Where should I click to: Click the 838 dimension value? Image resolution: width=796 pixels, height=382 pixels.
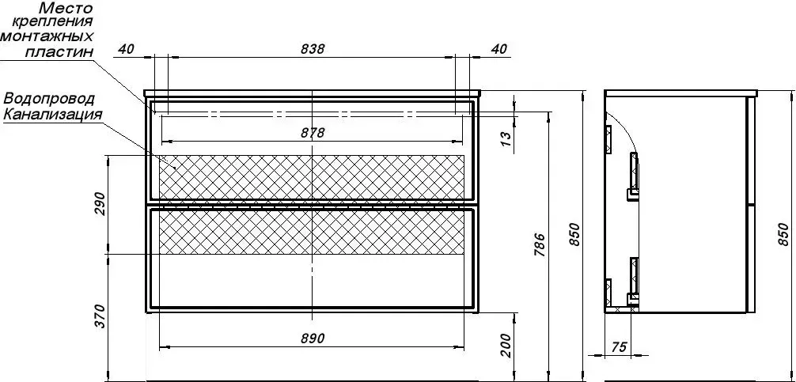coord(313,49)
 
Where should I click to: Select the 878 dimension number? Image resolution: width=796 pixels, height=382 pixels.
coord(313,132)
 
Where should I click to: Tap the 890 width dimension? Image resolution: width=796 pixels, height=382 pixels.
coord(313,339)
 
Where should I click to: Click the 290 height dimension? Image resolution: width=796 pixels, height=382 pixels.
coord(100,203)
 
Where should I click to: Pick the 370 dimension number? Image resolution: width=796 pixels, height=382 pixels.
coord(100,316)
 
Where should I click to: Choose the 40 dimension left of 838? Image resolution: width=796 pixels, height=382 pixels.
coord(127,49)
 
